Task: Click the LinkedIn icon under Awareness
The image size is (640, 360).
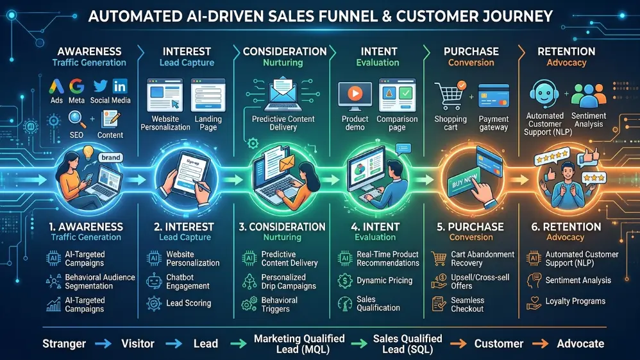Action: pos(119,86)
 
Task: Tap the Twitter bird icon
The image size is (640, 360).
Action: pos(101,86)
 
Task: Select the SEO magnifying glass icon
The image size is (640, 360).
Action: pos(76,119)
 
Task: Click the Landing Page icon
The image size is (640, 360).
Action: pos(208,95)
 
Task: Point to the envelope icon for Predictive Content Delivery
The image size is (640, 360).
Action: pos(283,94)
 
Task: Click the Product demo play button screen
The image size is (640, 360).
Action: pos(355,96)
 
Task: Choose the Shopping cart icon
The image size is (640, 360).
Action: pos(450,96)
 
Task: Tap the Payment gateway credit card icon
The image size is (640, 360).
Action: pos(494,96)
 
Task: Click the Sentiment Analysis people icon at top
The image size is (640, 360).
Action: pos(589,96)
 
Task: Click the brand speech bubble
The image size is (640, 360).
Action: pos(110,158)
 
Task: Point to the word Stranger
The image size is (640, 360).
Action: pos(64,344)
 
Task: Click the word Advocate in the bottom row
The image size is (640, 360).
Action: pos(580,344)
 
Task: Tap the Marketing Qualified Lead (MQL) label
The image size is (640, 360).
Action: pos(299,344)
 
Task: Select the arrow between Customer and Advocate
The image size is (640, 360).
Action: pos(540,344)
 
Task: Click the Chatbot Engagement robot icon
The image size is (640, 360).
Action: pos(155,281)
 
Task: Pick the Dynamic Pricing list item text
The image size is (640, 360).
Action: pos(385,280)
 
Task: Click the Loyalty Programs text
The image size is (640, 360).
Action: pos(575,301)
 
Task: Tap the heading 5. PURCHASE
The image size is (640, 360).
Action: pos(470,227)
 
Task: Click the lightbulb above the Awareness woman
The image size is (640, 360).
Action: pos(88,153)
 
